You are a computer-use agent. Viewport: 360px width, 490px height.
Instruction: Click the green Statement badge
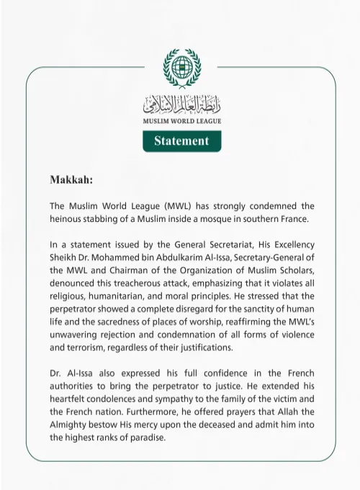click(x=181, y=141)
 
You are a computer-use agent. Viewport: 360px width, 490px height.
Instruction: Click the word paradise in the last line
click(x=145, y=438)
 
